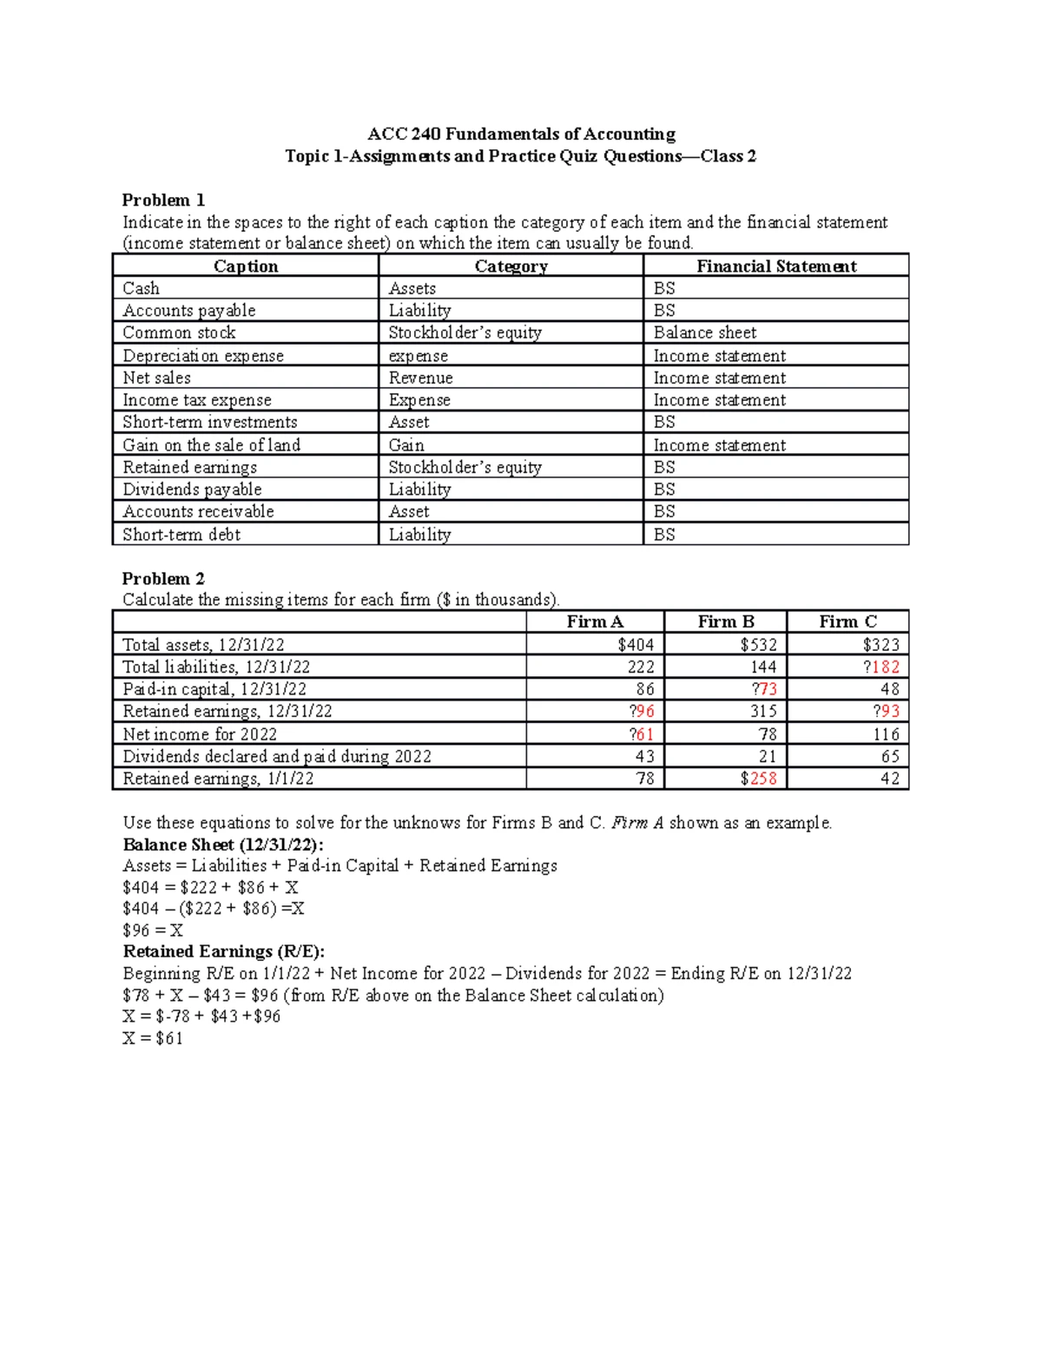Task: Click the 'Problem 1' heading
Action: pyautogui.click(x=163, y=200)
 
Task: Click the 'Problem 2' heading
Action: pyautogui.click(x=163, y=578)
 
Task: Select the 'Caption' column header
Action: pyautogui.click(x=246, y=266)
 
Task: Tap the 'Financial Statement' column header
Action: pyautogui.click(x=776, y=266)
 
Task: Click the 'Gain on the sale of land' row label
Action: pyautogui.click(x=211, y=445)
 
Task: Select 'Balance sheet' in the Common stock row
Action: pyautogui.click(x=704, y=332)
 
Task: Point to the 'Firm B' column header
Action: pyautogui.click(x=726, y=621)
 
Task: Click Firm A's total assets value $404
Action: pyautogui.click(x=636, y=644)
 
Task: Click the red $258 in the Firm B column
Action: pyautogui.click(x=759, y=779)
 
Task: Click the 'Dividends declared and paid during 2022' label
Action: pyautogui.click(x=276, y=756)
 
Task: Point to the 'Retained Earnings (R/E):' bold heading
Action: pyautogui.click(x=223, y=951)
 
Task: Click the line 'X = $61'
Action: pyautogui.click(x=153, y=1038)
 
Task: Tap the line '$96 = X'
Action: pyautogui.click(x=153, y=930)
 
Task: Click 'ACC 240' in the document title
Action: pyautogui.click(x=404, y=134)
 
